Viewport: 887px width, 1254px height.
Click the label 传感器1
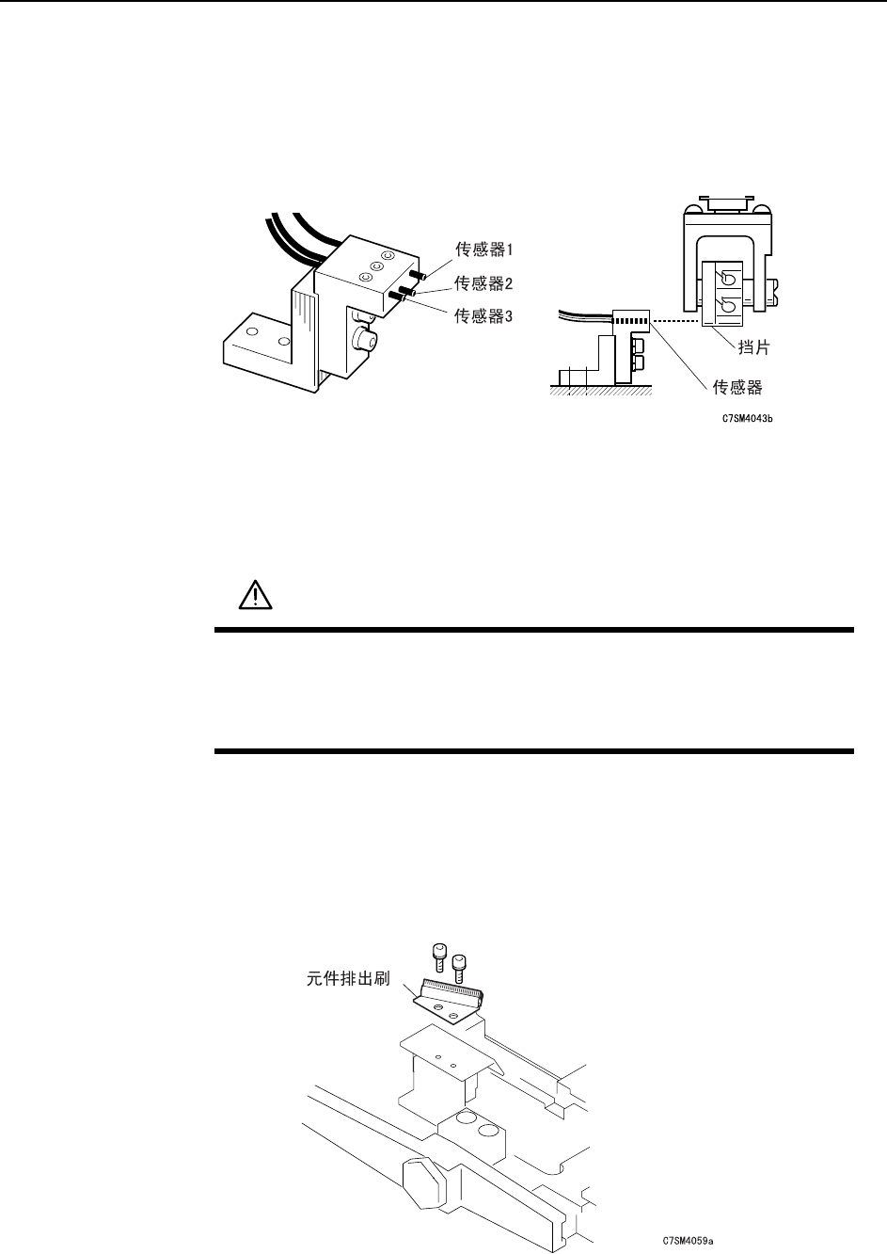[x=484, y=249]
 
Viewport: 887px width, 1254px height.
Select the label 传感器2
[x=484, y=282]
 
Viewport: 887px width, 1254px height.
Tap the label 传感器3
[x=484, y=315]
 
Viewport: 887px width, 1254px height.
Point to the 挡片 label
[x=754, y=348]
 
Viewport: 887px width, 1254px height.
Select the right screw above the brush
[x=458, y=965]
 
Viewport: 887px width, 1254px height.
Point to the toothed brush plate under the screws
[x=451, y=1003]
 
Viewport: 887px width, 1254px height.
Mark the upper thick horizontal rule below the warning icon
[x=534, y=630]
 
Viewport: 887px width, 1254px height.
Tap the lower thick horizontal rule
[x=534, y=751]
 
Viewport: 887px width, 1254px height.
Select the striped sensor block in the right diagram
[x=630, y=320]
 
